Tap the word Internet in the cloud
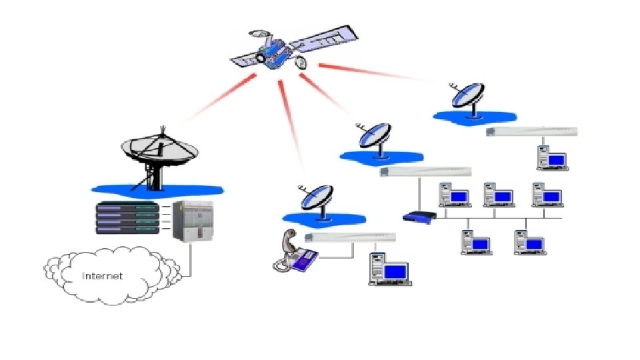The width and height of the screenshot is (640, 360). (x=102, y=276)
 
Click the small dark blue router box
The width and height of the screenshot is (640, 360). (x=419, y=216)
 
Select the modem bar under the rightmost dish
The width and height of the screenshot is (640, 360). (x=531, y=131)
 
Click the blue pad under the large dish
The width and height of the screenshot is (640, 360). (x=157, y=189)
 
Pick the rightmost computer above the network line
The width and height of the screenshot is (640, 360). (x=547, y=194)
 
